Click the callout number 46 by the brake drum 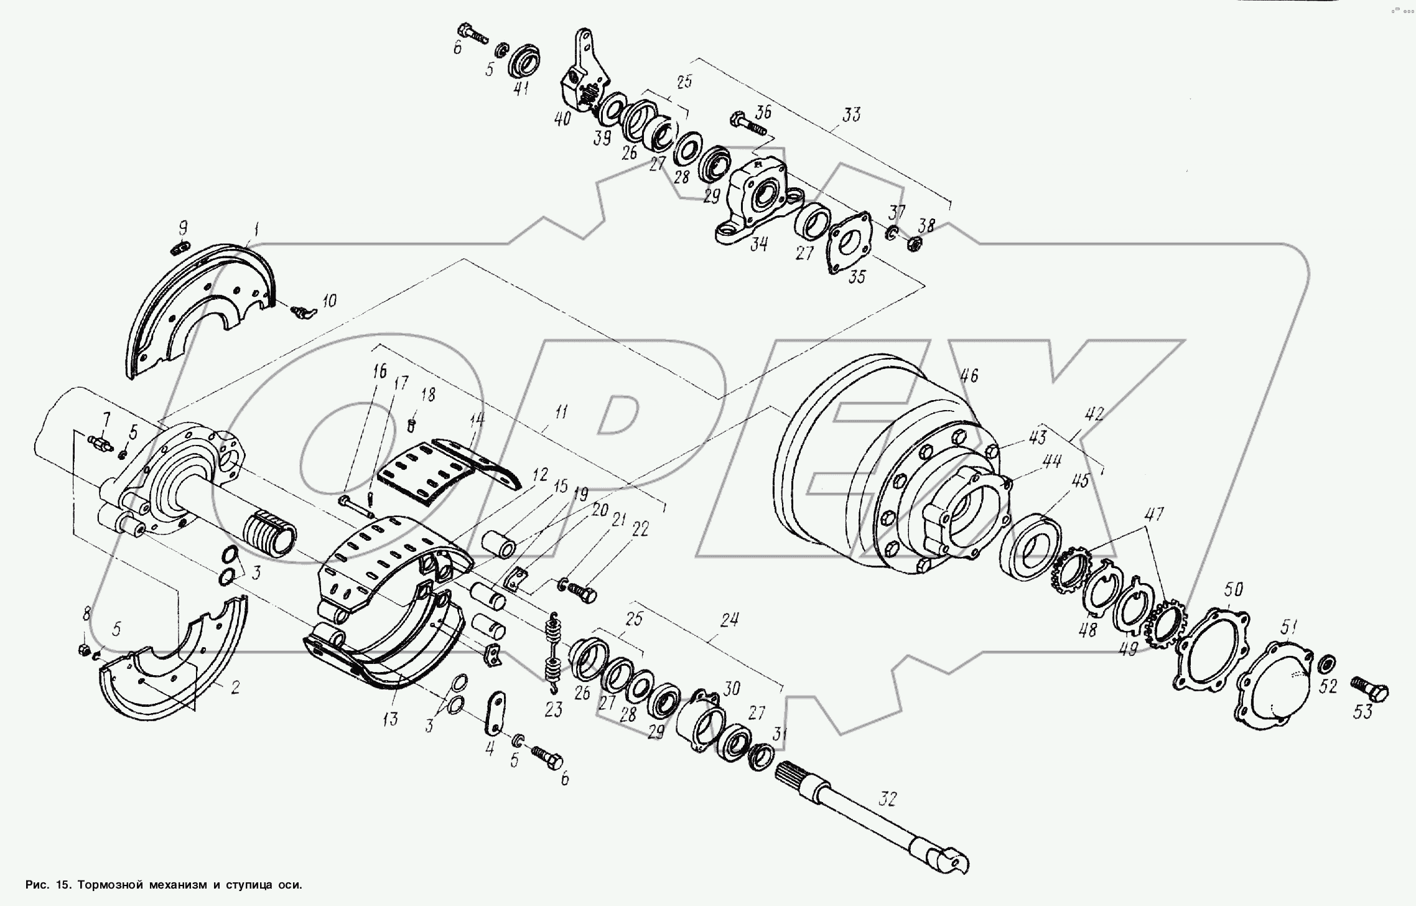pos(969,375)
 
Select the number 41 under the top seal pos(521,88)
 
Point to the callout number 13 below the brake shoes pos(390,720)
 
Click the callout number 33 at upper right pos(851,114)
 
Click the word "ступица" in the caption pos(248,885)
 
